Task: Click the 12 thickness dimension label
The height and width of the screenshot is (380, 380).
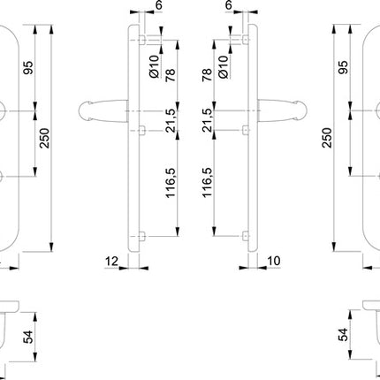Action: pos(110,262)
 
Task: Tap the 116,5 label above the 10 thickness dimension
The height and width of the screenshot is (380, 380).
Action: pos(209,183)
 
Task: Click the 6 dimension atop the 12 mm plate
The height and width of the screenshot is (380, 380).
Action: pos(158,5)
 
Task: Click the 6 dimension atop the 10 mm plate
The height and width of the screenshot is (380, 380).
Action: pos(229,5)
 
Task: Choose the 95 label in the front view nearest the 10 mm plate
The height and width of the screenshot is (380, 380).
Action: pos(344,68)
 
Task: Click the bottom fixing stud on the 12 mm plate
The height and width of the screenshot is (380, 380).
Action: pos(142,236)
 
